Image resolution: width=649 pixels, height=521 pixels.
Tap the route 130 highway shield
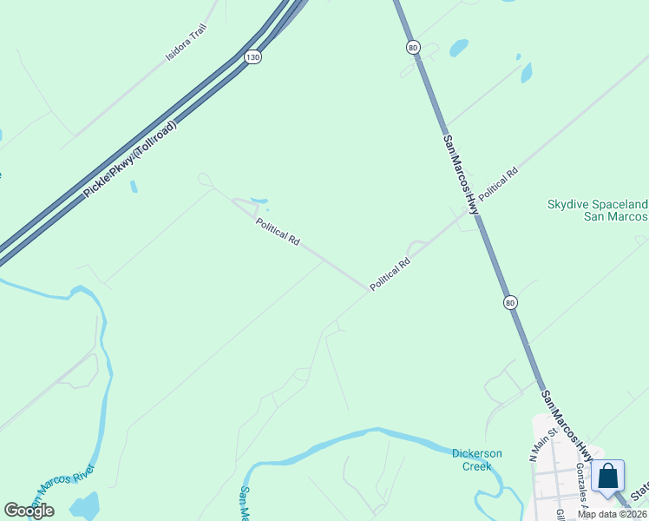click(252, 56)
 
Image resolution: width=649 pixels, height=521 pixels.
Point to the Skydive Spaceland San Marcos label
click(597, 210)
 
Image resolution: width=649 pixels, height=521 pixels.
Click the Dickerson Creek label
click(471, 459)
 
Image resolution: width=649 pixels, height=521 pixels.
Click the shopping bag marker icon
click(608, 476)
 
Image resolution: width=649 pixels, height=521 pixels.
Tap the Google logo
click(29, 511)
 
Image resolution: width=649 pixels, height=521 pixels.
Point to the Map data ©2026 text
click(612, 514)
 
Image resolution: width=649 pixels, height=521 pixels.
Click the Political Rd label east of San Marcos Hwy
click(498, 185)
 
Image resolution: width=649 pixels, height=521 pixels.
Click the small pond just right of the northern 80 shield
click(457, 47)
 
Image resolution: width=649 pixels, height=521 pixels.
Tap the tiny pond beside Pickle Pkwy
click(134, 187)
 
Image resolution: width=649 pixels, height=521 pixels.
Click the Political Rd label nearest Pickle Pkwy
click(278, 231)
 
